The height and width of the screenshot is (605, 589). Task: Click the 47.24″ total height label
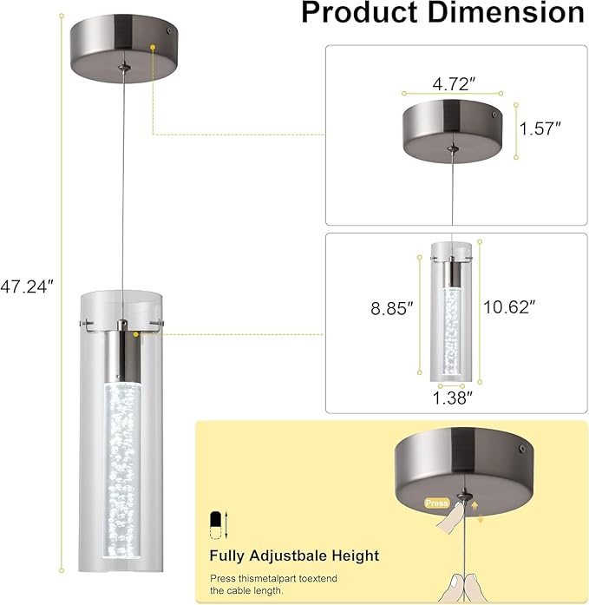click(x=27, y=286)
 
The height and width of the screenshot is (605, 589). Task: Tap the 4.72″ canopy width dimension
click(x=454, y=84)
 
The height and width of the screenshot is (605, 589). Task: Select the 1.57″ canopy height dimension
click(x=540, y=128)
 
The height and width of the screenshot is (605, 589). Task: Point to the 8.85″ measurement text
click(x=391, y=308)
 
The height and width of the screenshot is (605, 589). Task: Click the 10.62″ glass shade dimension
click(x=509, y=307)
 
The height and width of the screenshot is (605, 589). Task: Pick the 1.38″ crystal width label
click(x=452, y=398)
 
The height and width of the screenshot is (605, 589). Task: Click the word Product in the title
click(x=360, y=13)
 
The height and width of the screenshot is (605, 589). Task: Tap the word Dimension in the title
click(x=506, y=13)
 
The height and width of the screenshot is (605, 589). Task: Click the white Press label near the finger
click(x=436, y=503)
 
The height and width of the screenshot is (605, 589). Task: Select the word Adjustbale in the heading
click(x=288, y=556)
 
